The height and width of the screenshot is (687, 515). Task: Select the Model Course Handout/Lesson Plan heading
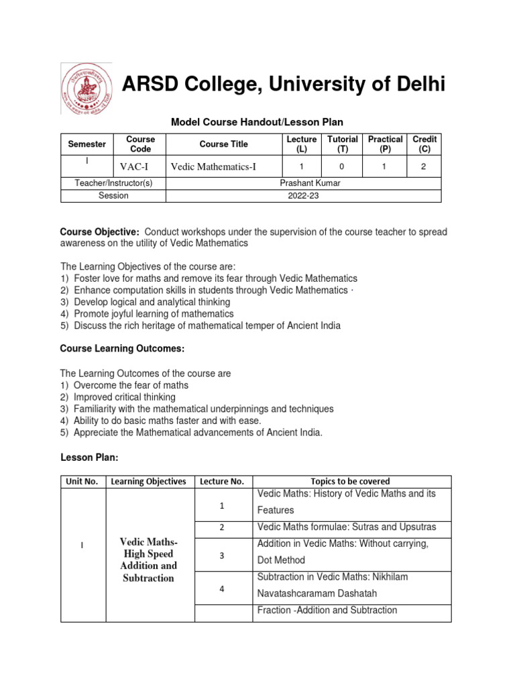tap(257, 122)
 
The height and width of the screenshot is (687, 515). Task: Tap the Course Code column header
tap(141, 144)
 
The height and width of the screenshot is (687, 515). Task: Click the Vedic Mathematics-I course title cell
tap(213, 166)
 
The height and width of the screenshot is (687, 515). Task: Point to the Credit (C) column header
tap(424, 144)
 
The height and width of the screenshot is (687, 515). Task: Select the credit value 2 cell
tap(424, 166)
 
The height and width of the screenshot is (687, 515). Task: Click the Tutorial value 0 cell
tap(342, 166)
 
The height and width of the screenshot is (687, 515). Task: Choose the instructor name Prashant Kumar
tap(303, 183)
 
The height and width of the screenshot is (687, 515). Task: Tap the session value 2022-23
tap(303, 196)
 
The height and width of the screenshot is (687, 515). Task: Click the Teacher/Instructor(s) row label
tap(113, 183)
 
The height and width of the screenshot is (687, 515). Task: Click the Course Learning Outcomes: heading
tap(122, 349)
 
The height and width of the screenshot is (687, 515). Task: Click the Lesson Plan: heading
tap(89, 457)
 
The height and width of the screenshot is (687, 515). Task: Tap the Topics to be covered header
tap(350, 481)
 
